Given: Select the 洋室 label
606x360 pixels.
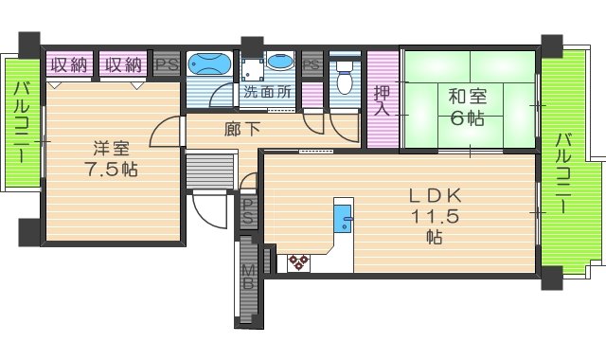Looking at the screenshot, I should (109, 148).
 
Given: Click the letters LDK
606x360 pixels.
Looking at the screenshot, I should (434, 196).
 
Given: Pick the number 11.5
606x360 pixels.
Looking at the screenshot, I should (434, 216).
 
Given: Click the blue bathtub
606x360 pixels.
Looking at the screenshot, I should (208, 64).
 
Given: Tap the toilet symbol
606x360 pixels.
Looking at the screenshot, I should (345, 76).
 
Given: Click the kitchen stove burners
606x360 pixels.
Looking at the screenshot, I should (299, 262).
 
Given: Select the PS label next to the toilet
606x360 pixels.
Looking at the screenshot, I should (312, 64).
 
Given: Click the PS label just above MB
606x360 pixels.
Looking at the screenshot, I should (247, 213).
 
